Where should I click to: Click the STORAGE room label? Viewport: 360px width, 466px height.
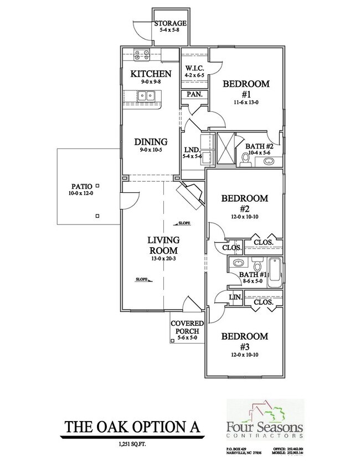[x=170, y=23]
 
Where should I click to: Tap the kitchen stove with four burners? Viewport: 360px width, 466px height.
[x=142, y=55]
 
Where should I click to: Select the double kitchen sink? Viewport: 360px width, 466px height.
[x=147, y=96]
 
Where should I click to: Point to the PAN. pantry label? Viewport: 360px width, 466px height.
[x=194, y=95]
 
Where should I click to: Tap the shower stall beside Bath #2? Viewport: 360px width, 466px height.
[x=226, y=149]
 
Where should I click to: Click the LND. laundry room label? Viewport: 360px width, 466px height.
[x=192, y=150]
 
